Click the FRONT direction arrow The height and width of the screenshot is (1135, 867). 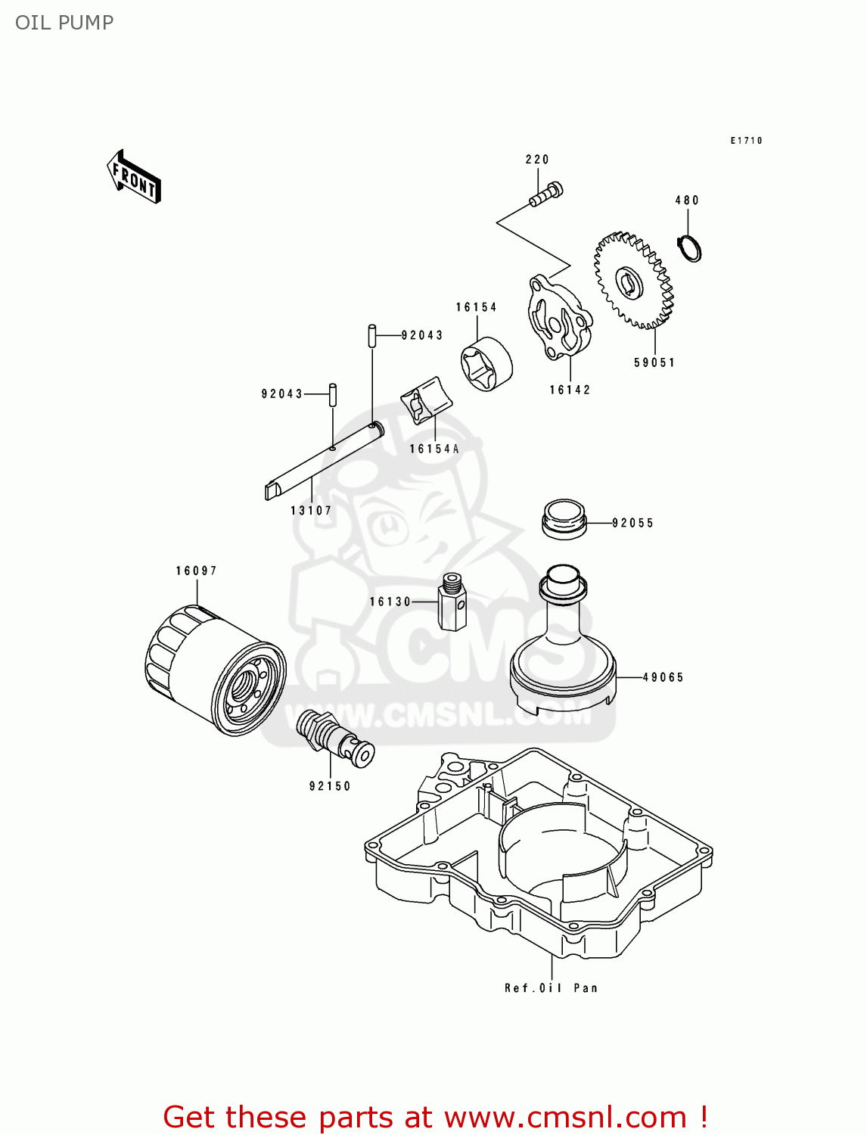[134, 177]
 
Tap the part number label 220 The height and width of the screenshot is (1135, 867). [537, 160]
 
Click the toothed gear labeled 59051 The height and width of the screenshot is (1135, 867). [633, 281]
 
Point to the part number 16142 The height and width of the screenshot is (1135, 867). [570, 390]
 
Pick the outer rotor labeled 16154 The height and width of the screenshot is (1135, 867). [486, 364]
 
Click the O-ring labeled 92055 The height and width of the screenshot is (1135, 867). [564, 518]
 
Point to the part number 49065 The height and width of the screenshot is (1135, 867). [663, 677]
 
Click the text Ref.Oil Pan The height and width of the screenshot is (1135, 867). [551, 987]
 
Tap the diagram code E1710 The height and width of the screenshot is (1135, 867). [746, 141]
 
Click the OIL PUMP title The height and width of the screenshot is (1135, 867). [64, 23]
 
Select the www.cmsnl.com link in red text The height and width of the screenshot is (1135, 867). [565, 1117]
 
